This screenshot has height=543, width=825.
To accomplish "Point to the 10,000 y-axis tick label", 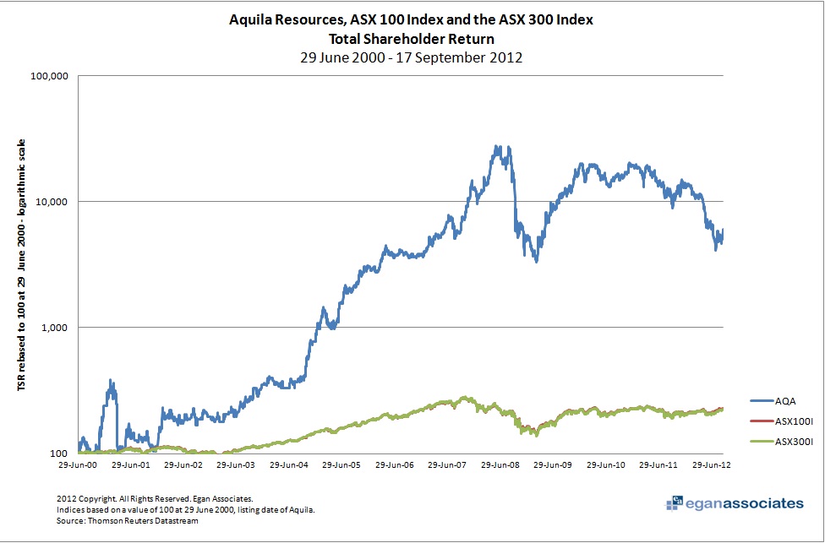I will coord(52,202).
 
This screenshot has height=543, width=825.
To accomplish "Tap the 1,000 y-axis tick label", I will coord(54,328).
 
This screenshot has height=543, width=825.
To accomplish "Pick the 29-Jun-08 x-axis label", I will coord(505,464).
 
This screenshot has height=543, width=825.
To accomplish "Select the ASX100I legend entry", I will coord(782,420).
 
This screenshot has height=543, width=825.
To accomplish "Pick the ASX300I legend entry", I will coord(782,439).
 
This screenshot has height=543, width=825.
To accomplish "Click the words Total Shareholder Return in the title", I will coord(412,38).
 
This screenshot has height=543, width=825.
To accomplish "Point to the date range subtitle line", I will coord(412,57).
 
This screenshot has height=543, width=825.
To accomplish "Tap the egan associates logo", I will coord(735,504).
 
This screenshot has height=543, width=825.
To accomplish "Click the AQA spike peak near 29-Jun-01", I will coord(111,381).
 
